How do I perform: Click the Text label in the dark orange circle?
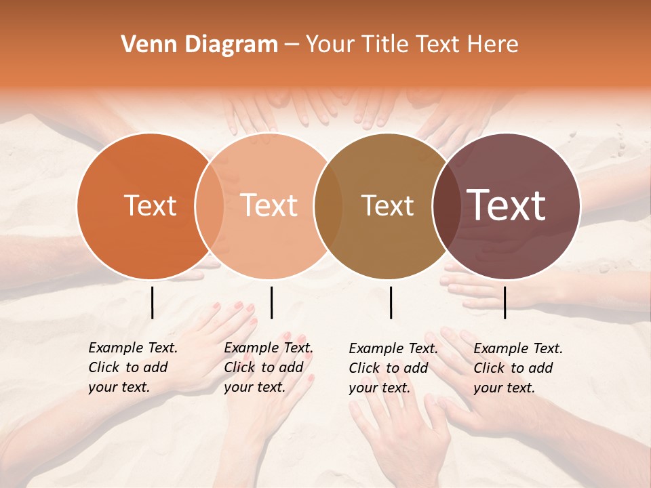pyautogui.click(x=150, y=206)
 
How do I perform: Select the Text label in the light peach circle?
pyautogui.click(x=269, y=206)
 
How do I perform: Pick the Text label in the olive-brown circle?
pyautogui.click(x=387, y=206)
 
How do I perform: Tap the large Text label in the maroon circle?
pyautogui.click(x=507, y=205)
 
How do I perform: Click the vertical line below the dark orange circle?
pyautogui.click(x=152, y=302)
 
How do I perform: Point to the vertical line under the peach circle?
pyautogui.click(x=271, y=302)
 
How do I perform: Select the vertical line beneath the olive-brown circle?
pyautogui.click(x=391, y=302)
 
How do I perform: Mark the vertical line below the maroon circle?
pyautogui.click(x=505, y=302)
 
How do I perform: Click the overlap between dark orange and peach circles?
pyautogui.click(x=210, y=206)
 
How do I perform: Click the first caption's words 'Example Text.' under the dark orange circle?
pyautogui.click(x=133, y=348)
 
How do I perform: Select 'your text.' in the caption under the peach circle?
pyautogui.click(x=254, y=387)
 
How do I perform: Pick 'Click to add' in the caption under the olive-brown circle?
pyautogui.click(x=389, y=368)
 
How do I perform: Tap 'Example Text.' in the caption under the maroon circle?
pyautogui.click(x=518, y=348)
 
